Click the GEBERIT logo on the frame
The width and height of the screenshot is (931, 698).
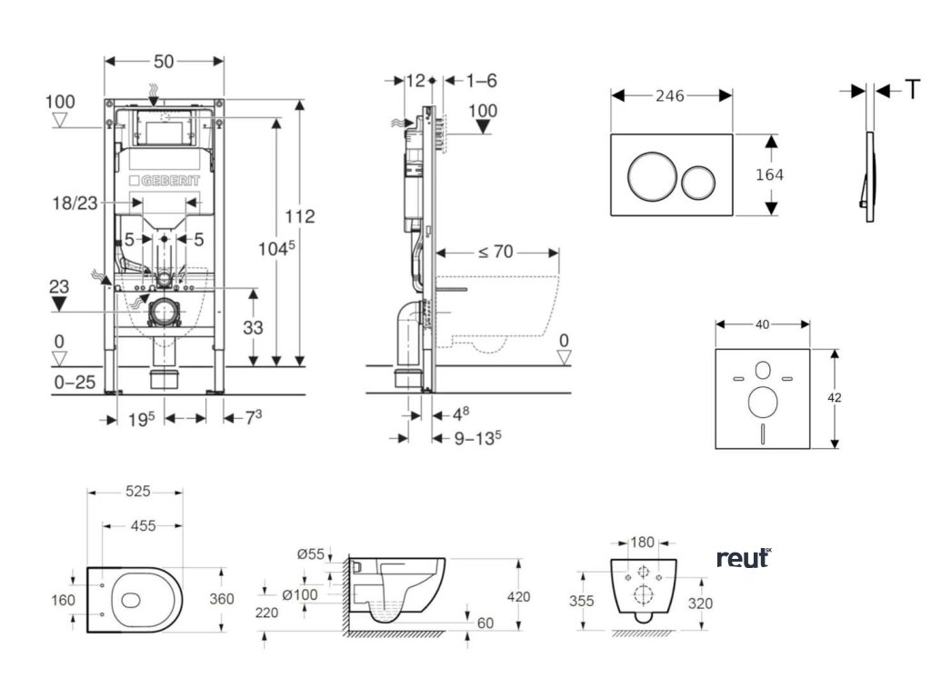[x=165, y=181]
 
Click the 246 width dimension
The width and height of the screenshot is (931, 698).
[x=670, y=95]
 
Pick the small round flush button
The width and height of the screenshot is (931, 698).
[x=699, y=182]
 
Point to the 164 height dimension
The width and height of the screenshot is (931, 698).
[x=769, y=174]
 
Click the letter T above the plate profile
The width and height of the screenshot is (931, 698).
[x=913, y=90]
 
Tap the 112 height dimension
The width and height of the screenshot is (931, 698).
[x=300, y=216]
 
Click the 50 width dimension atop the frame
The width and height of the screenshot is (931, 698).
[x=164, y=62]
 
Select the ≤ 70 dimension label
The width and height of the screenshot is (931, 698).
[x=496, y=252]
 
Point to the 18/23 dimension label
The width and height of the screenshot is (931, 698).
[x=75, y=203]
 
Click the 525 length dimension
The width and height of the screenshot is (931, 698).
[x=138, y=492]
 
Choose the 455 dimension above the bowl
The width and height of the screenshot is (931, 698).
[x=143, y=525]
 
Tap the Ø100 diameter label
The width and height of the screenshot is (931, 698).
[x=300, y=594]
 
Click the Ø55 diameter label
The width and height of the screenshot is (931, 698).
[x=311, y=553]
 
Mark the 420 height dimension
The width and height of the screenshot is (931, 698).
[x=518, y=596]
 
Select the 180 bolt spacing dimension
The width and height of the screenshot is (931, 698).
[x=642, y=542]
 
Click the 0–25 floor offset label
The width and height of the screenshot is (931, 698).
[x=75, y=383]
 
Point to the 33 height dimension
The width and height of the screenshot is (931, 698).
[x=253, y=327]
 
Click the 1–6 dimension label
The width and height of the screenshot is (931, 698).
[x=481, y=80]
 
